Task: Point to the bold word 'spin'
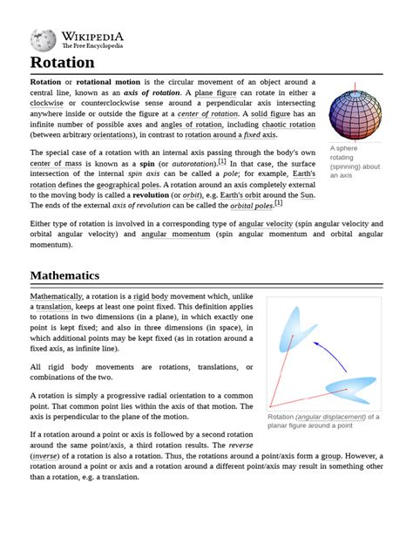(x=146, y=163)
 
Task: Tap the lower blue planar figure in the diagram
(x=349, y=390)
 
